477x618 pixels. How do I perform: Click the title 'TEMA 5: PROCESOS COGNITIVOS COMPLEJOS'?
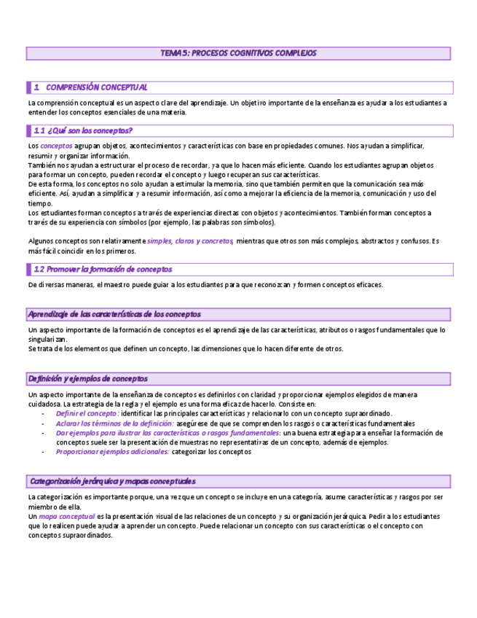point(238,53)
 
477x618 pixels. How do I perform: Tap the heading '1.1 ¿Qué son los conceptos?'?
point(83,130)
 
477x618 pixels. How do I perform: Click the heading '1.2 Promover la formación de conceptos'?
point(103,269)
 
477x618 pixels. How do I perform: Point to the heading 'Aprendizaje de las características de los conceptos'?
point(114,314)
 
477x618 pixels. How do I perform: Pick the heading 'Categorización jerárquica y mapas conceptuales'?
point(112,482)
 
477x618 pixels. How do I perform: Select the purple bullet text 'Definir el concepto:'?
point(87,413)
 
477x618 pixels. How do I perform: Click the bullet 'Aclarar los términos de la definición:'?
point(114,423)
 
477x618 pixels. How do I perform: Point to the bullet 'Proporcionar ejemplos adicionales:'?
point(112,452)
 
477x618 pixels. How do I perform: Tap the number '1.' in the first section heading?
point(36,87)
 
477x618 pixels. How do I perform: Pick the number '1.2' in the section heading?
point(39,269)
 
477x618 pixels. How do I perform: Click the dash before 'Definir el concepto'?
point(44,413)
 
